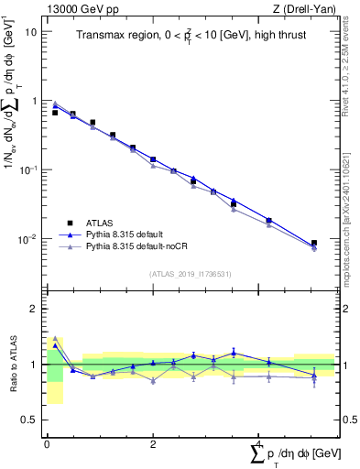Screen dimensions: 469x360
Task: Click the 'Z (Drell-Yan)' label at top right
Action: point(307,8)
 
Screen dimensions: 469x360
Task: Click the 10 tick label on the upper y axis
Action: point(30,31)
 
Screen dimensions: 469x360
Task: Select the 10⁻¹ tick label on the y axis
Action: point(28,170)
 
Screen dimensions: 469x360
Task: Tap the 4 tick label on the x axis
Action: point(259,444)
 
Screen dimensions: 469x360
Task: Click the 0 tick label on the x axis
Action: point(47,444)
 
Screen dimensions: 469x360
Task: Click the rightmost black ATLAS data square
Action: point(314,243)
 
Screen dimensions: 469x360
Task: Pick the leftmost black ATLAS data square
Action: point(55,113)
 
